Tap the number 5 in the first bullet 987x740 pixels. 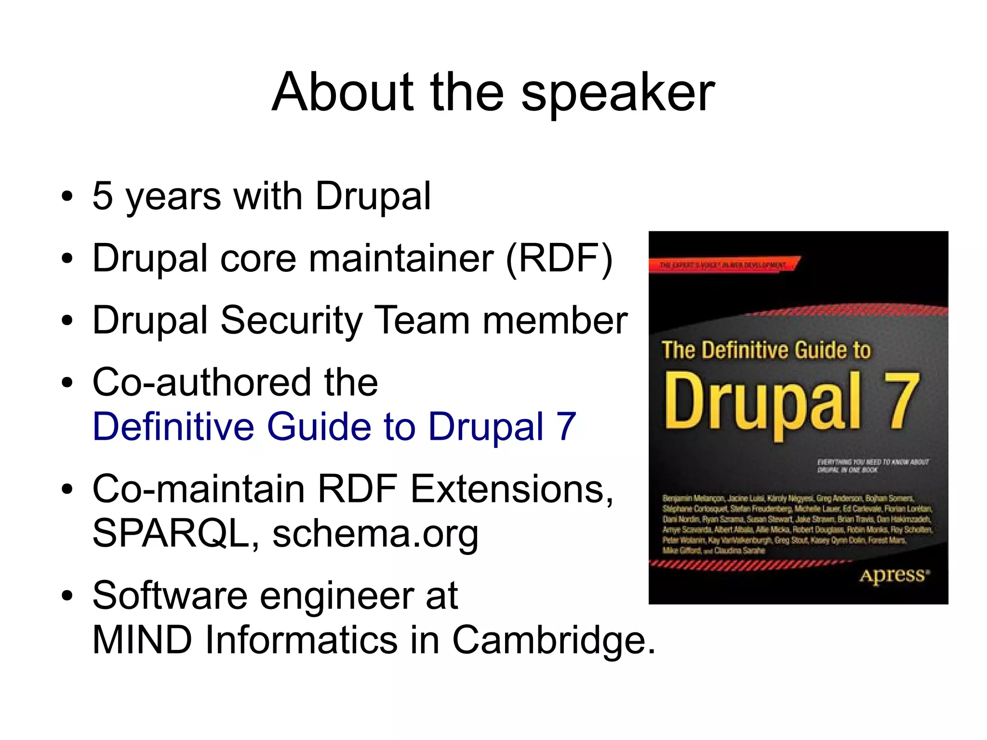coord(103,196)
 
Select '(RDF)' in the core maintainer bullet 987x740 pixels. coord(559,258)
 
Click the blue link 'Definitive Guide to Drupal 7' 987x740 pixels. coord(334,427)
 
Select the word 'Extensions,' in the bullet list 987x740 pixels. coord(511,489)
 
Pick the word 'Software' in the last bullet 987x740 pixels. coord(170,596)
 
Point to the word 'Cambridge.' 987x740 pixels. coord(554,640)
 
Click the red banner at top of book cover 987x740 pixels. coord(723,265)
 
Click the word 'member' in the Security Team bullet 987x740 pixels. coord(555,321)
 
